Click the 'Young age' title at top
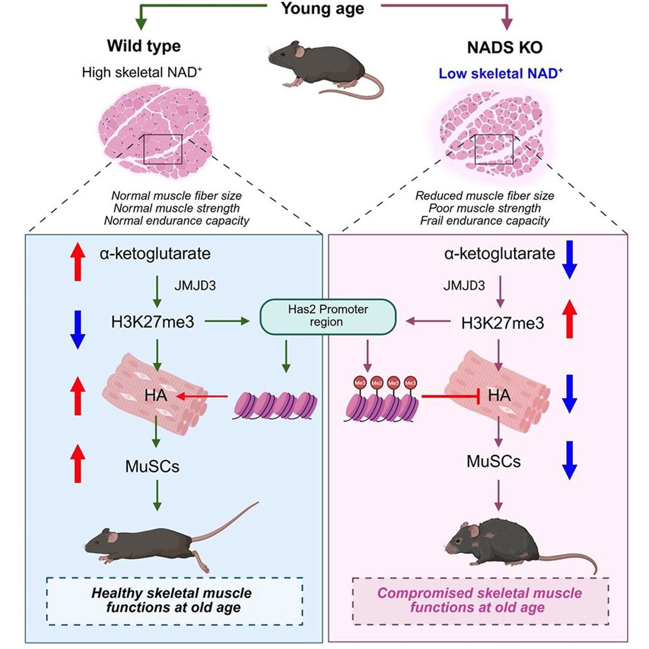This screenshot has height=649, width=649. click(323, 9)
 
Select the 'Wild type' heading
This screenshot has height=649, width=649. click(144, 46)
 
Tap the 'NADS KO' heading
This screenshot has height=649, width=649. click(504, 48)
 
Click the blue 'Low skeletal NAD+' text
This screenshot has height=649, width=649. click(500, 74)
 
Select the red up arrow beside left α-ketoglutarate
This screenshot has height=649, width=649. click(78, 261)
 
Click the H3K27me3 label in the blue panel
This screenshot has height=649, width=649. click(152, 322)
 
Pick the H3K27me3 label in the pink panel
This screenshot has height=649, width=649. click(502, 323)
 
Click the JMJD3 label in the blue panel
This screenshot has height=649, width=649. click(195, 286)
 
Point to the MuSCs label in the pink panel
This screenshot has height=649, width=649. click(493, 461)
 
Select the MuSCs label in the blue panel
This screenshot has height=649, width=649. click(152, 466)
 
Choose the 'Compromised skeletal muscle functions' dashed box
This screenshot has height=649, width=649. click(480, 600)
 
